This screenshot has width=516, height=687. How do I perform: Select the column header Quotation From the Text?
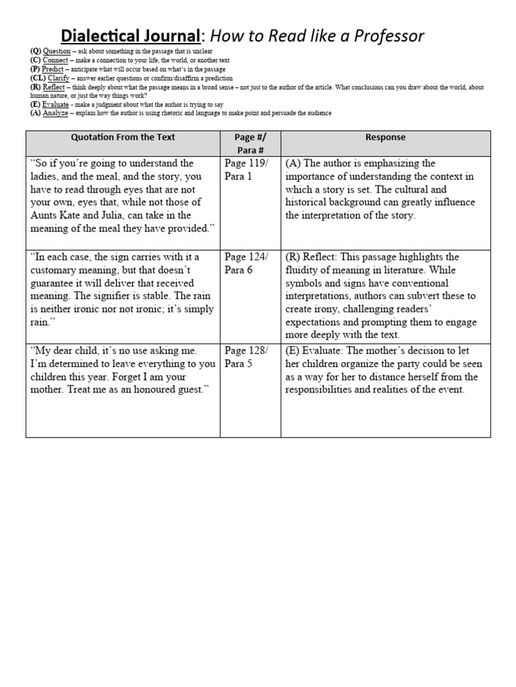pos(123,138)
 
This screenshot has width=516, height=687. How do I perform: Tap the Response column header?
pos(386,138)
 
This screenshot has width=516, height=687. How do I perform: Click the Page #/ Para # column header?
pos(250,144)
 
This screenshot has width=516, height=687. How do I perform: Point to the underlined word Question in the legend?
pos(56,51)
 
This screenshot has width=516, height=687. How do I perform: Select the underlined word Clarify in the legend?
pos(58,78)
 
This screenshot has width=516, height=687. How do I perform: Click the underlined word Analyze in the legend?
pos(55,113)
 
